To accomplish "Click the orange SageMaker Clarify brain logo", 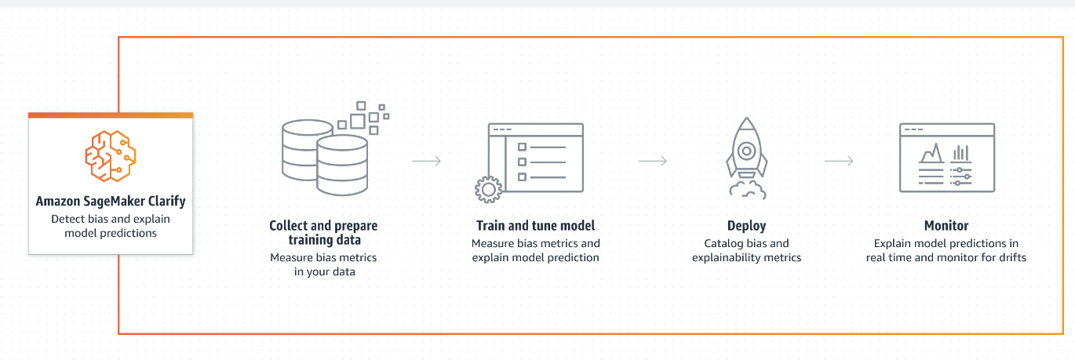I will click(111, 157).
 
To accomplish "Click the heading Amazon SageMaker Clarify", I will click(111, 202).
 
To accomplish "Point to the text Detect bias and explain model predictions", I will click(111, 226).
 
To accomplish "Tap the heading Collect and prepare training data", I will click(323, 233).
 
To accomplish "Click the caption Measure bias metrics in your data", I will click(323, 264).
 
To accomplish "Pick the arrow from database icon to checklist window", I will click(427, 162).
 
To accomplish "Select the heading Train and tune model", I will click(536, 226).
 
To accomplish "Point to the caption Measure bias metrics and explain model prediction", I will click(536, 250).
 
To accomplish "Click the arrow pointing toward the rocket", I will click(652, 162).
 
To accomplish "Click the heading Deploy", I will click(747, 226).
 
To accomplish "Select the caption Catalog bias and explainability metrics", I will click(747, 250).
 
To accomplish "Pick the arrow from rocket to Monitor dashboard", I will click(839, 162).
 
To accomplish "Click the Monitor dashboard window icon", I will click(946, 158).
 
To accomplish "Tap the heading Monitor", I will click(946, 226).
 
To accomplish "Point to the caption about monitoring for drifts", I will click(946, 250).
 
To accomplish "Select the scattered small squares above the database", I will click(366, 116).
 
